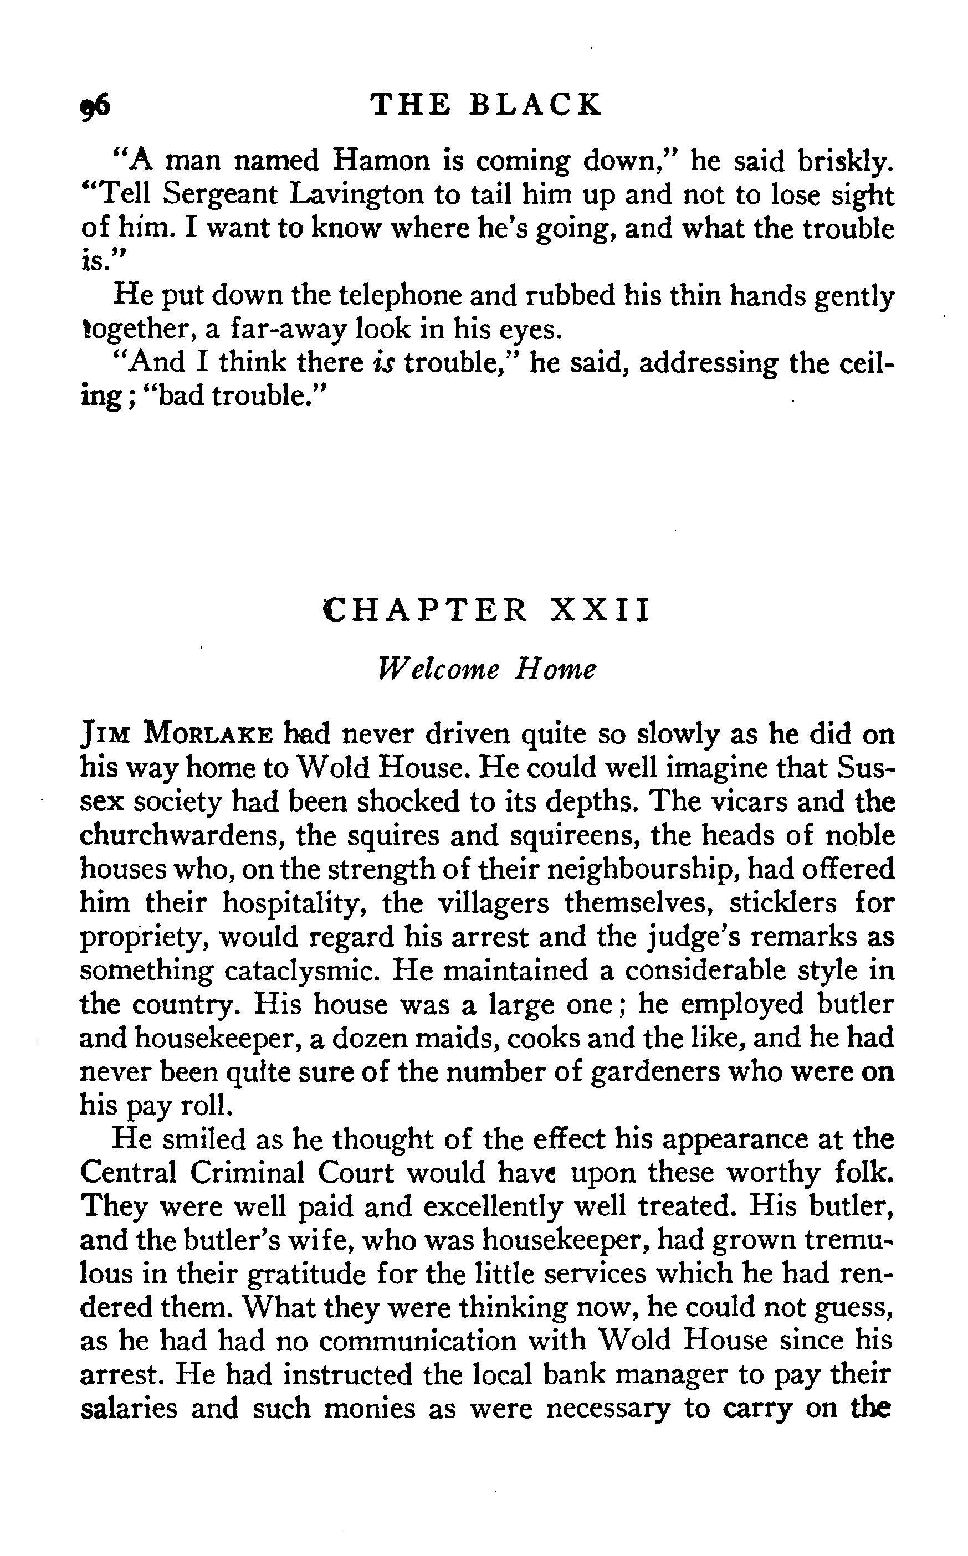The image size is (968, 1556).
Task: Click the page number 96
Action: click(x=95, y=104)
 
